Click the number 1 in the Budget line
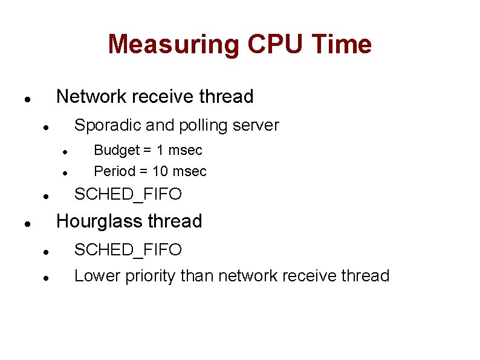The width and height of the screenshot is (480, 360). pyautogui.click(x=160, y=150)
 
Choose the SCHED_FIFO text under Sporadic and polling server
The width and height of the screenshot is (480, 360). pyautogui.click(x=128, y=194)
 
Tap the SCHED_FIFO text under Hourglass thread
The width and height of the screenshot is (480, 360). pyautogui.click(x=128, y=250)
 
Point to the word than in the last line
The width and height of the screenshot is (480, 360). pyautogui.click(x=197, y=276)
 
